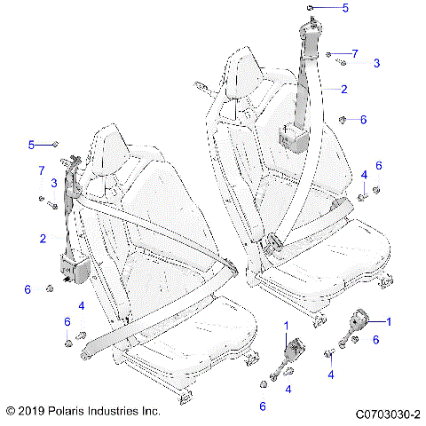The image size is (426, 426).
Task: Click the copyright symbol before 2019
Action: point(11,413)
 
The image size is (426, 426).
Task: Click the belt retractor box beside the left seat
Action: point(69,265)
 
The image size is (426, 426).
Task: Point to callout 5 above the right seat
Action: point(346,8)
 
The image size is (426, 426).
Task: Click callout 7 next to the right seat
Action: point(355,53)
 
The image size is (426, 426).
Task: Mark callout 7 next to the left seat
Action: point(41,169)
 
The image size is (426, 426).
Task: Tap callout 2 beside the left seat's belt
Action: point(42,239)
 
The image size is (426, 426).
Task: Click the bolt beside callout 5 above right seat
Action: point(312,8)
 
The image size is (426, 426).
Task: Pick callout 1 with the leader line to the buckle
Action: point(387,319)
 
